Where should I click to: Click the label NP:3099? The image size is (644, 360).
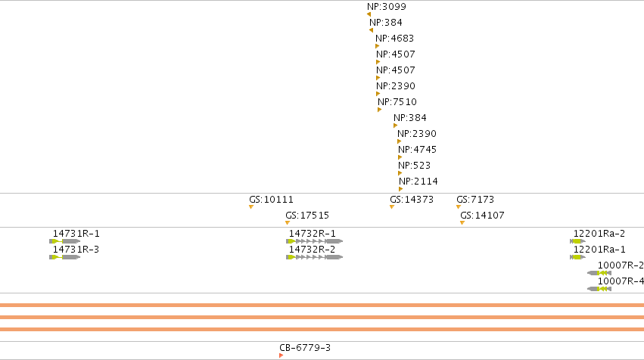pos(387,7)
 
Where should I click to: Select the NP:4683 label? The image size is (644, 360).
pos(395,38)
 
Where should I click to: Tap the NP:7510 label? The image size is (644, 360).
pos(397,102)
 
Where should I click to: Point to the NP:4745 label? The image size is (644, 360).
pos(417,150)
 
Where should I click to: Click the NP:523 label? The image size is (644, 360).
pos(415,166)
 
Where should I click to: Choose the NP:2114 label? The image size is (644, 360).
pos(418,181)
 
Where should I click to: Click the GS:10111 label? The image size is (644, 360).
pos(271,200)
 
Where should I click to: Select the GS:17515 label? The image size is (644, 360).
pos(307,215)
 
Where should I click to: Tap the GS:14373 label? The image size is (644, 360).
pos(412,200)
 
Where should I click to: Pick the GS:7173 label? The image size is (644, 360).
pos(475,200)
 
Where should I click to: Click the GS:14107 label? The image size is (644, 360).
pos(482,215)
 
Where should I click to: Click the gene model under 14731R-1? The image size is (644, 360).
pos(64,241)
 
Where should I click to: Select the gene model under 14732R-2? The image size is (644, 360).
pos(314,257)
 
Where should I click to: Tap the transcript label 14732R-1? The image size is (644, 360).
pos(312,234)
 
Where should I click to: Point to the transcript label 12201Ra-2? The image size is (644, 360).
pos(599,234)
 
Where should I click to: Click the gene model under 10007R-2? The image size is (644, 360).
pos(599,273)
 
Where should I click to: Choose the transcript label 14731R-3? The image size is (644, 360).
pos(76,249)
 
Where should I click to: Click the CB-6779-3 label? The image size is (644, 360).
pos(305,348)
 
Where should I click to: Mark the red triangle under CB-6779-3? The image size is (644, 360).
pos(281,355)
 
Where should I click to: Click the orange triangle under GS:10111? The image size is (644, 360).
pos(251,207)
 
